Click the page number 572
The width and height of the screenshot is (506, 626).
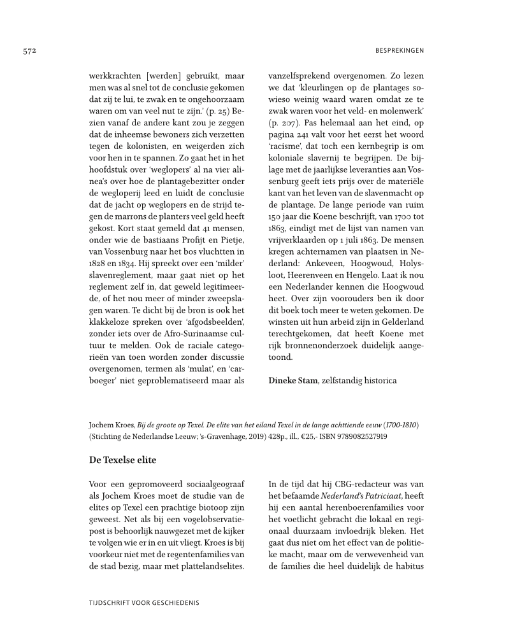point(26,50)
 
